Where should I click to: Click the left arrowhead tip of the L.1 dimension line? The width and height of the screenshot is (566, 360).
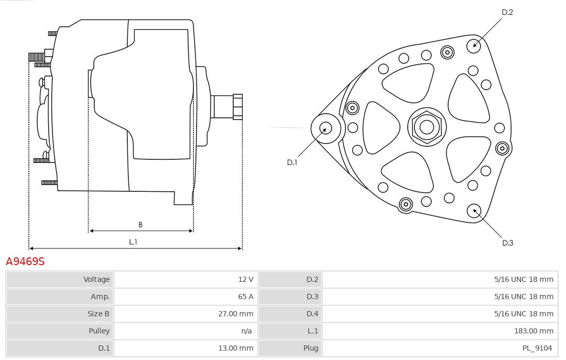coord(29,248)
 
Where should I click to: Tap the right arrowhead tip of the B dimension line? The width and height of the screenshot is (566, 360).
coord(193,231)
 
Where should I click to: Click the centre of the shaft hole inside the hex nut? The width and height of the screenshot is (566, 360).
coord(427,127)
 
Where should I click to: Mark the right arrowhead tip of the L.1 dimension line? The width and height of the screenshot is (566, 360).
coord(242,248)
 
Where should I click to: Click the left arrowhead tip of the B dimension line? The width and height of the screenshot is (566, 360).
coord(89,231)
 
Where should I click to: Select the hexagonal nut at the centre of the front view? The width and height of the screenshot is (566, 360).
coord(427,127)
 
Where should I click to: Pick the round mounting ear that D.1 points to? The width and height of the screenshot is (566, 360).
coord(326,128)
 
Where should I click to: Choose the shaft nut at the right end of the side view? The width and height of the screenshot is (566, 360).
coord(238,107)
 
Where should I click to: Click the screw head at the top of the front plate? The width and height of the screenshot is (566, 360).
coord(447,53)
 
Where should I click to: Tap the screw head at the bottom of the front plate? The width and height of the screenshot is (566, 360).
coord(406,204)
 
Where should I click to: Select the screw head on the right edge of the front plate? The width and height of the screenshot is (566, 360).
coord(502,148)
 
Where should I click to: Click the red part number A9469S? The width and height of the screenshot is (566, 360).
coord(25,261)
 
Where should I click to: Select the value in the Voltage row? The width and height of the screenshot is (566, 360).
coord(245,279)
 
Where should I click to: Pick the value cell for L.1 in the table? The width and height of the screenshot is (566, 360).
coord(534,331)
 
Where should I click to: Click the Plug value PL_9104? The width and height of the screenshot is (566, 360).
coord(537,348)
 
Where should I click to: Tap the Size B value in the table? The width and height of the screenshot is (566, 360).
coord(236,314)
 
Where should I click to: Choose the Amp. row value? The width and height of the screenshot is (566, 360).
coord(245,297)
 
